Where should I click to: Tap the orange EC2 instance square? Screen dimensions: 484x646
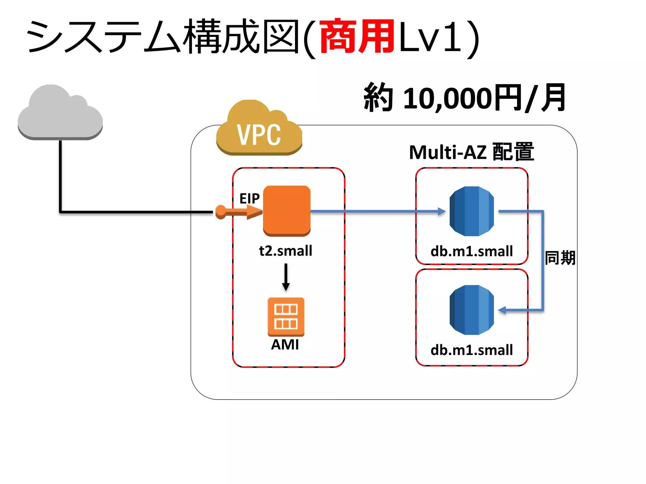click(287, 210)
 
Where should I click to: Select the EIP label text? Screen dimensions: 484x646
click(249, 199)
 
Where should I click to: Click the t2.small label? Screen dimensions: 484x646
click(285, 251)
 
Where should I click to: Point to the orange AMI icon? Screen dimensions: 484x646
click(286, 317)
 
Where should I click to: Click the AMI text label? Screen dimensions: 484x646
click(285, 344)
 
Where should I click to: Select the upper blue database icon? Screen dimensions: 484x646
click(472, 211)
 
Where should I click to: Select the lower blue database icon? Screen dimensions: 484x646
click(472, 310)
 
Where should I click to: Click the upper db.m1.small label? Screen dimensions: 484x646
click(472, 251)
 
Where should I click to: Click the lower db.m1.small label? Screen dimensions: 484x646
click(472, 350)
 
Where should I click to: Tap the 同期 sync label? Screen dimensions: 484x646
click(560, 258)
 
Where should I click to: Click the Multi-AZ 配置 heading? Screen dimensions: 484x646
click(471, 152)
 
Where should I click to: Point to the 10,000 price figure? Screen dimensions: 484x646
click(448, 98)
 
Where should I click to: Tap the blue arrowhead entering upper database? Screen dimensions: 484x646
click(442, 211)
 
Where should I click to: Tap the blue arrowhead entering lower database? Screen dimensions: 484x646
click(502, 311)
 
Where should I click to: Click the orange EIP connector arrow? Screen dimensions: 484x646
click(240, 212)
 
